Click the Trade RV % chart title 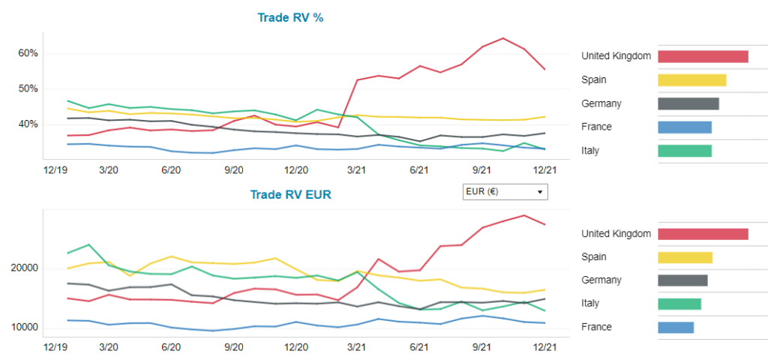click(x=290, y=17)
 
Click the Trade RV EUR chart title click(x=291, y=195)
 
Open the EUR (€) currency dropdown click(x=505, y=191)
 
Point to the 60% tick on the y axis click(x=28, y=53)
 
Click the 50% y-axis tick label click(x=28, y=88)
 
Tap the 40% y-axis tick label click(x=28, y=124)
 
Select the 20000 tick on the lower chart click(x=24, y=268)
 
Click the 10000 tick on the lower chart click(x=24, y=328)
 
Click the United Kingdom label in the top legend click(x=616, y=56)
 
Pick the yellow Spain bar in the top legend click(x=691, y=79)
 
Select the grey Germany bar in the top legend click(x=688, y=103)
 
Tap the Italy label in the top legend click(x=590, y=151)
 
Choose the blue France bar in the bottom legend click(x=675, y=327)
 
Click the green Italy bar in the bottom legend click(x=679, y=304)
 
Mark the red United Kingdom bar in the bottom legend click(x=703, y=234)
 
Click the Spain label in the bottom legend click(x=594, y=256)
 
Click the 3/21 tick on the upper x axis click(x=356, y=171)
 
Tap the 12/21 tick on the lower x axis click(x=544, y=348)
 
